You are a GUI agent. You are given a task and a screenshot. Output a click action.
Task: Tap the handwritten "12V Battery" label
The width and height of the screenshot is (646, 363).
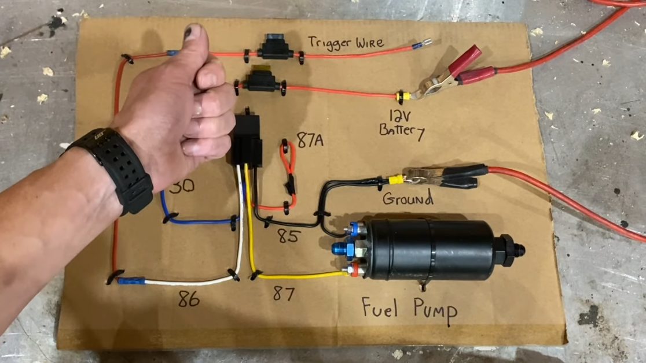401,123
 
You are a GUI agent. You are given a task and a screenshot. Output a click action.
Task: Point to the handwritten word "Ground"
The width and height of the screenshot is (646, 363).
408,199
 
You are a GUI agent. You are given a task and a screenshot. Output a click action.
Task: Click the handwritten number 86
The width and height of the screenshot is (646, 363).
189,299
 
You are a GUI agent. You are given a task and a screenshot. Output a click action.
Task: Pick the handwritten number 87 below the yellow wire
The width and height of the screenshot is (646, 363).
283,294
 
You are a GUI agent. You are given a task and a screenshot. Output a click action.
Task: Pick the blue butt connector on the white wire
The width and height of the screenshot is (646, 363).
130,281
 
